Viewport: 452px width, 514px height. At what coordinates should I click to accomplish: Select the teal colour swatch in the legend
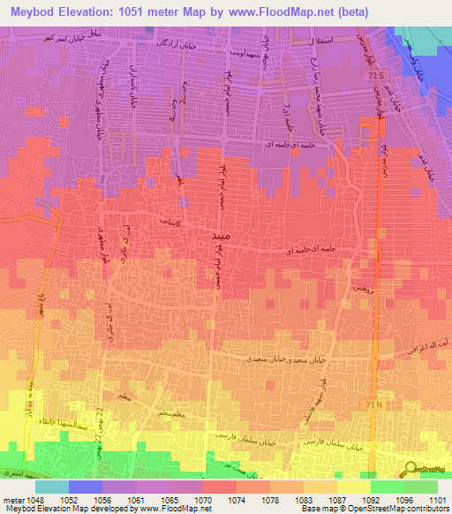[x=51, y=487]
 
